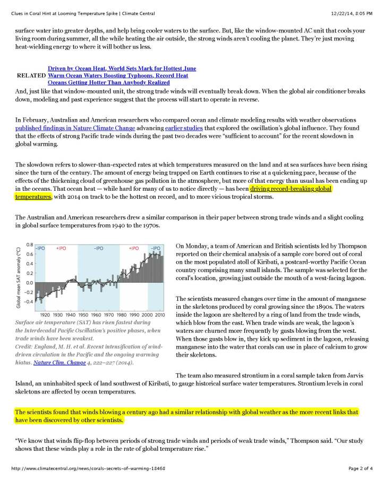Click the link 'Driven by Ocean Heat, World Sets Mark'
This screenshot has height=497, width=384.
122,69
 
